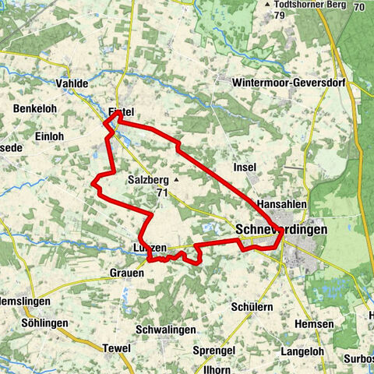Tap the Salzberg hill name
point(147,179)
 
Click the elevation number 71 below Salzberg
point(162,192)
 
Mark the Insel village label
point(245,167)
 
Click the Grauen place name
point(126,273)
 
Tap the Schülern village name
point(252,307)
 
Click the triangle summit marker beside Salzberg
point(177,179)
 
